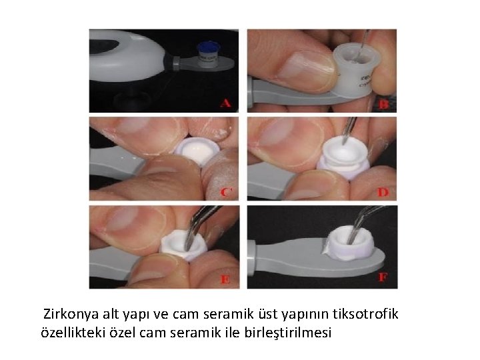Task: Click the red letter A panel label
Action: click(x=225, y=103)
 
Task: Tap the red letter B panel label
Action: click(x=383, y=105)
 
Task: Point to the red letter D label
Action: click(x=383, y=192)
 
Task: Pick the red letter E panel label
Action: click(x=225, y=279)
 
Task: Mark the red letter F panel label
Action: click(x=383, y=277)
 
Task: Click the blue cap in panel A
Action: click(x=208, y=47)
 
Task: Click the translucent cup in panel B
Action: click(x=356, y=70)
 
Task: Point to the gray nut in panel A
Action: click(x=177, y=64)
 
